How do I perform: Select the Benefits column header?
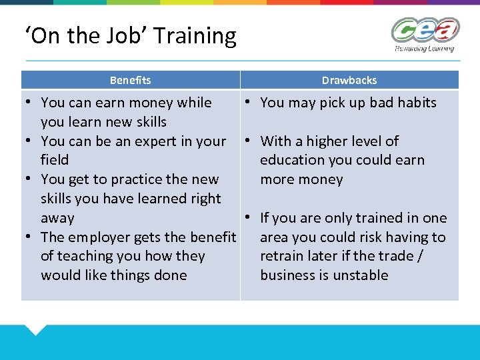130,80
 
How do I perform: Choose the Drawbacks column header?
349,80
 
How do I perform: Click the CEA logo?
425,31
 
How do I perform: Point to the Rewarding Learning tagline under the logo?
425,49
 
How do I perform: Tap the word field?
55,160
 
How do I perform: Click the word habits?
417,103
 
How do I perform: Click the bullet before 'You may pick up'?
247,102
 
